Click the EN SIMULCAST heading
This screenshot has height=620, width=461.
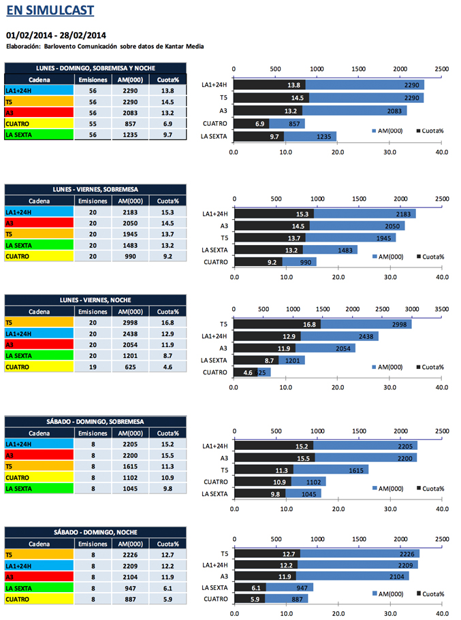tap(50, 11)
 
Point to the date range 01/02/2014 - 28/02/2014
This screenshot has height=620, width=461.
tap(56, 35)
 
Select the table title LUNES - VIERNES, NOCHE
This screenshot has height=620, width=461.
tap(95, 299)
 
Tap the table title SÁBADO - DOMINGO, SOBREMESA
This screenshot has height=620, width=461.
tap(95, 422)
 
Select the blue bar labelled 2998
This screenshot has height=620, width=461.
tap(366, 324)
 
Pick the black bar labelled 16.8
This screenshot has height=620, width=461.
tap(277, 324)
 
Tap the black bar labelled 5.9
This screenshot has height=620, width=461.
tap(249, 599)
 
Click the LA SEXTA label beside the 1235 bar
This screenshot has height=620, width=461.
tap(214, 137)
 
